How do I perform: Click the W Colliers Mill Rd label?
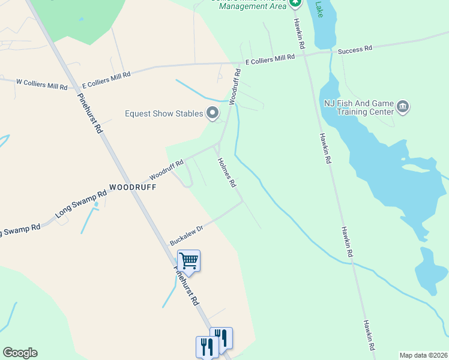point(41,84)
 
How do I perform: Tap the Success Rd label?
point(355,49)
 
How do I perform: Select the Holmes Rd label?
point(227,173)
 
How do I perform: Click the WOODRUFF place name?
point(133,187)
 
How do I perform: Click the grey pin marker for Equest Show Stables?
point(212,113)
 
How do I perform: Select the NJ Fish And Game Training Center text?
point(358,107)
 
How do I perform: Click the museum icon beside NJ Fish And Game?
point(403,107)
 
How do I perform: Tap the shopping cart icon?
point(188,262)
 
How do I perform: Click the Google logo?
point(20,353)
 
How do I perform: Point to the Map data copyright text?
point(423,355)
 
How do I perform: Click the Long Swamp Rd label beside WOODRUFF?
point(80,203)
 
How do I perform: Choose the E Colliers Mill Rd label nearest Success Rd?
point(270,58)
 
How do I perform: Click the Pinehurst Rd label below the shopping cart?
point(187,287)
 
